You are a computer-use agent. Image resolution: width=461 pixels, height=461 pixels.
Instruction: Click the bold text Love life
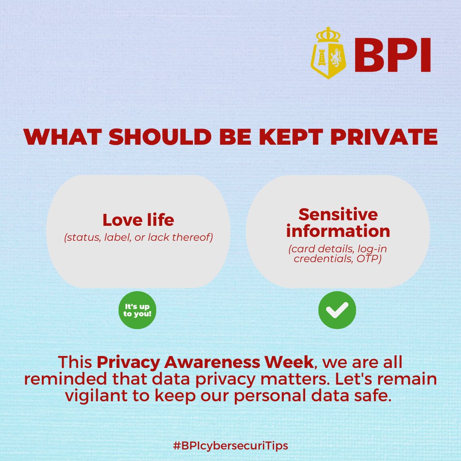(x=138, y=220)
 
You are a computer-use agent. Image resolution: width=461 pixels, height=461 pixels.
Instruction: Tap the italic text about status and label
(x=138, y=238)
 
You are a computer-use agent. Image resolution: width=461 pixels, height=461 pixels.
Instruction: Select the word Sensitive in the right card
(x=338, y=214)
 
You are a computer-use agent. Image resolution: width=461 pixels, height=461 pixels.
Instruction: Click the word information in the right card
(x=338, y=231)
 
